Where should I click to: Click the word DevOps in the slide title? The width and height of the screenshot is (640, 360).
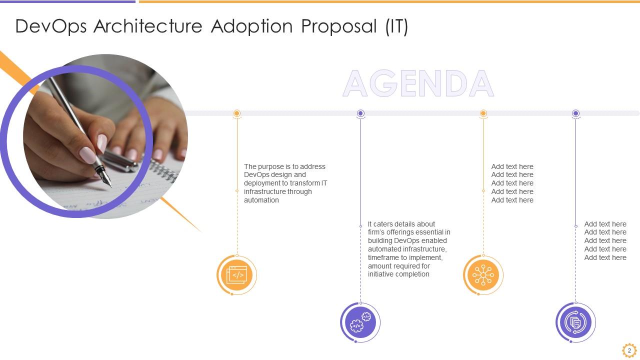click(51, 27)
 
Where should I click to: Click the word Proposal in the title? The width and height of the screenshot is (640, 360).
click(339, 27)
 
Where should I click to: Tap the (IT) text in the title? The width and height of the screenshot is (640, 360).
click(397, 27)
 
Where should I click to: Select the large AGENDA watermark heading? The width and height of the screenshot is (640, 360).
click(418, 83)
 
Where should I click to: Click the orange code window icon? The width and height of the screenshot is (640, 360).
click(237, 275)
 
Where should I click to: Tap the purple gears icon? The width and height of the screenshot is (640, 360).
click(360, 322)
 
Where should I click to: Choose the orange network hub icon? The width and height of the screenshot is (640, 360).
click(483, 275)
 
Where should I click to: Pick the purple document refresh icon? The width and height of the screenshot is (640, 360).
click(575, 322)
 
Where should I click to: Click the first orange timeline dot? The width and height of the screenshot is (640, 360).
click(237, 113)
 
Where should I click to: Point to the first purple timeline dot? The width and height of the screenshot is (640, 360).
click(360, 113)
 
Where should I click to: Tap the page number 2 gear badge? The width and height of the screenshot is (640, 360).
click(629, 350)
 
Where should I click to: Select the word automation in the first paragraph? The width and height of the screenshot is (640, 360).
click(261, 200)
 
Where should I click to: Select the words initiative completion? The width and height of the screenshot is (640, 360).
click(398, 274)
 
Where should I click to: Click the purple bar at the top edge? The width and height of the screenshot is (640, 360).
click(67, 1)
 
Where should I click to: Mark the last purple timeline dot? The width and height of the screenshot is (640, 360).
click(575, 113)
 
